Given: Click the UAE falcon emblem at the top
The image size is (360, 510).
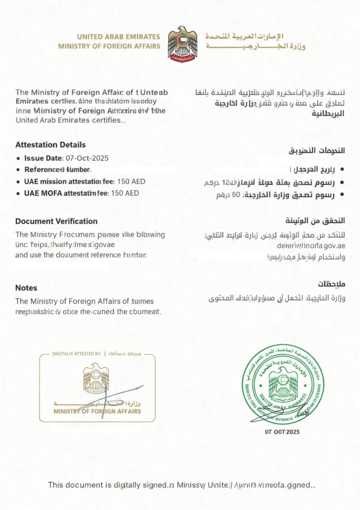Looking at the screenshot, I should pos(182,43).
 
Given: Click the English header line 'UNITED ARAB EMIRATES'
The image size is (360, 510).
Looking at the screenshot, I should pos(119,37).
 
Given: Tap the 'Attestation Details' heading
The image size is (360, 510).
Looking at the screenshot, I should pos(50,145).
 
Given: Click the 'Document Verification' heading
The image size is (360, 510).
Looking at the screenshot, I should pos(56,221).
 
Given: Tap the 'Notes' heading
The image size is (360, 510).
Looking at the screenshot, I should pos(26,288).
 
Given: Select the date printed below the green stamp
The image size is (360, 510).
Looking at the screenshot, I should pos(282,432).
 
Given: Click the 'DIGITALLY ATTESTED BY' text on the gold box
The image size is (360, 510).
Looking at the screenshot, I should pos(77,354).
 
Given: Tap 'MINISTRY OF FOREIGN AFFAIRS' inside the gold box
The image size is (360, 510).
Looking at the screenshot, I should pos(97,411).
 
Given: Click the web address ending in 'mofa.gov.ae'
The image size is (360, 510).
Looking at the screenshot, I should pos(311,246).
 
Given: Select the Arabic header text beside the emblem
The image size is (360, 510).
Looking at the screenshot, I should pos(255,41).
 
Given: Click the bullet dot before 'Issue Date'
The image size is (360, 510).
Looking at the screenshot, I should pos(18,158).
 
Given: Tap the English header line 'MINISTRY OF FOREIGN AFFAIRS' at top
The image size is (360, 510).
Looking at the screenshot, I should pos(109,46).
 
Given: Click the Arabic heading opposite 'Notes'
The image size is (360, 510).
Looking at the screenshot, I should pos(331,284).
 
